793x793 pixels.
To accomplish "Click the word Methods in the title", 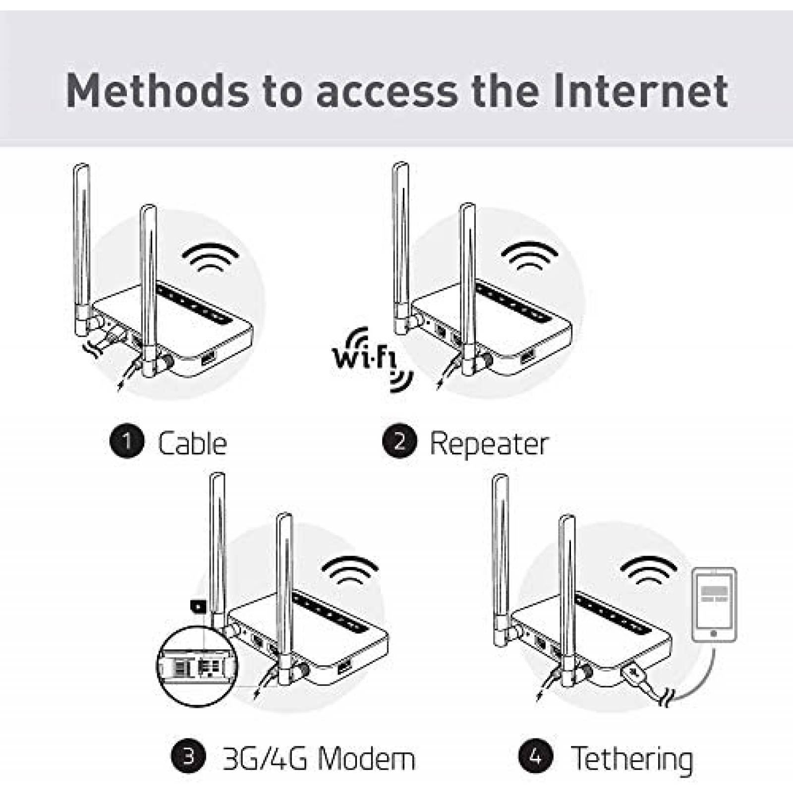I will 158,91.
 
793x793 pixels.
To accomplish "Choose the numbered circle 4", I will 536,757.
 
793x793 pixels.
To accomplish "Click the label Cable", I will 192,443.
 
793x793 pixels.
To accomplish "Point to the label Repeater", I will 489,443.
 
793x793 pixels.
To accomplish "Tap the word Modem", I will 366,759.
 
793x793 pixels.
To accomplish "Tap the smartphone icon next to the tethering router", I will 714,605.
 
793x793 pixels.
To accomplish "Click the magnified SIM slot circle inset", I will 197,666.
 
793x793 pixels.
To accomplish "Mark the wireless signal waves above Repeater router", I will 529,256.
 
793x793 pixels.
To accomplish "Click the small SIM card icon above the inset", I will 198,605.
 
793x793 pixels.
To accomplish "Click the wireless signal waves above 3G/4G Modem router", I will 350,570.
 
